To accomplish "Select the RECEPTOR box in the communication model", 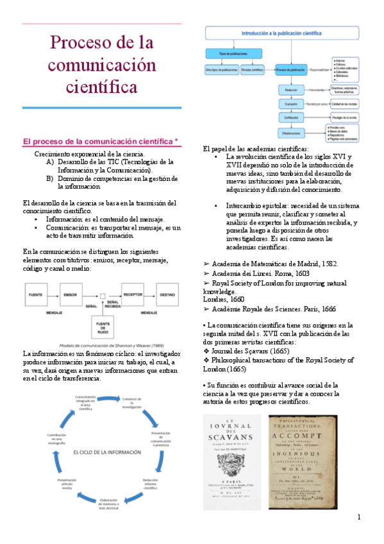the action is pyautogui.click(x=133, y=294).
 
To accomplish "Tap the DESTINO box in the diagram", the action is pyautogui.click(x=167, y=294).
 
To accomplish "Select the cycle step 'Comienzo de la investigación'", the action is pyautogui.click(x=131, y=404).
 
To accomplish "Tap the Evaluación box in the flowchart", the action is pyautogui.click(x=291, y=103).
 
